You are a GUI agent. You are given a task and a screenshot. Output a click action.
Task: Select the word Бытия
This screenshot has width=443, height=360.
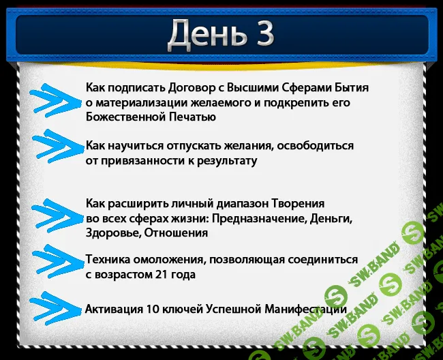coord(352,88)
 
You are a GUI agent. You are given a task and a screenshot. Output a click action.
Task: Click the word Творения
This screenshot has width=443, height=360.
coord(298,204)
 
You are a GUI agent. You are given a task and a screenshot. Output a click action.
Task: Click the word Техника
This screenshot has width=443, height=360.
coord(109,260)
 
